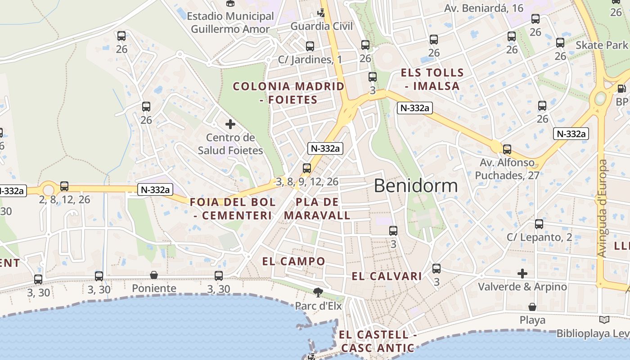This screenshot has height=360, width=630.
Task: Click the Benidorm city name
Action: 415,185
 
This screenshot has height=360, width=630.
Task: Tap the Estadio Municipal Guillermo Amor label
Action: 230,22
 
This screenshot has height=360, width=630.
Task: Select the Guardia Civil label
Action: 322,26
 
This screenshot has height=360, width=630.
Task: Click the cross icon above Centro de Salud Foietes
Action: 230,124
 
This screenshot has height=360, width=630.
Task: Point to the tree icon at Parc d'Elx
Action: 318,292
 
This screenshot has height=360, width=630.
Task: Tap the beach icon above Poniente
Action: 154,274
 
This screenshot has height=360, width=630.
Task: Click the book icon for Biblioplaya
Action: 604,319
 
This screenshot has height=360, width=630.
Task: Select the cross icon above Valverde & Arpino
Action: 522,273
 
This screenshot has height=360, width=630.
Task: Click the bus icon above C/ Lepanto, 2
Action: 539,224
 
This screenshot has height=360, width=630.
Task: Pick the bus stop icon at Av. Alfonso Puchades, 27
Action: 507,149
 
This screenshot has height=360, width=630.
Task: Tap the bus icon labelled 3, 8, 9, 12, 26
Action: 307,168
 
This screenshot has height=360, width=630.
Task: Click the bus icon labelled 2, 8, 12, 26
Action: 64,186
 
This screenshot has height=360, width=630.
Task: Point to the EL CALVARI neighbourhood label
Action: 387,276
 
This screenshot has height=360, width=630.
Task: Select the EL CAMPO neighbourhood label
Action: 293,261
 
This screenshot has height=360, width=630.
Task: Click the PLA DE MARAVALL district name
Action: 317,208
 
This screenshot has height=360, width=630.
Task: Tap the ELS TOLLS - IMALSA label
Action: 432,79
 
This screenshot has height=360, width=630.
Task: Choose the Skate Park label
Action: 601,45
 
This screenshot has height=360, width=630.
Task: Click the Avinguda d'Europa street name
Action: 602,208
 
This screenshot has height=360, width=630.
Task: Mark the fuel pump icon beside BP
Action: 622,89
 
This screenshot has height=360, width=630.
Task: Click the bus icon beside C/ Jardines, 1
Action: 310,46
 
